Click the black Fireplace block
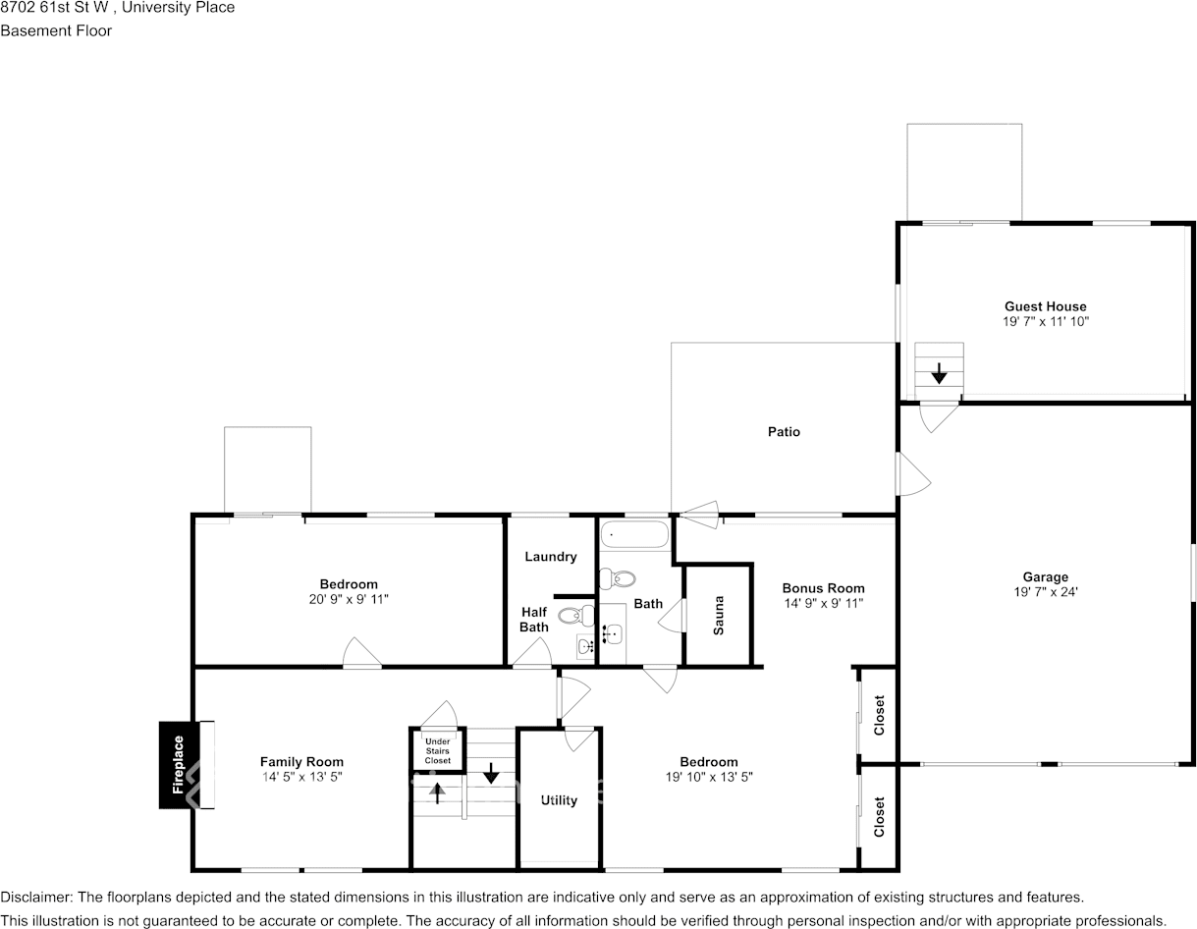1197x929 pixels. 179,764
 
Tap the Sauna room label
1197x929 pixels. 719,615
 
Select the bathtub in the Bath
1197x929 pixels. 634,535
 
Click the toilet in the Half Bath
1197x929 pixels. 572,616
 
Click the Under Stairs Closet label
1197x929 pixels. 438,750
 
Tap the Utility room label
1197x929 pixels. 559,800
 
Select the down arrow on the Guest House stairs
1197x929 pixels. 939,373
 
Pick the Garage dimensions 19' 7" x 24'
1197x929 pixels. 1045,591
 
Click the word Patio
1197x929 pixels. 784,432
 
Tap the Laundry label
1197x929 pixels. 550,557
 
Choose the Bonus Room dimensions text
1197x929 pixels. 823,604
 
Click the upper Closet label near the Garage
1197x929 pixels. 879,715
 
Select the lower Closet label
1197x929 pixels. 879,816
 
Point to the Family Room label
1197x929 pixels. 301,761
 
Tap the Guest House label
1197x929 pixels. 1045,306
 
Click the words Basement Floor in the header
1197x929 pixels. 56,30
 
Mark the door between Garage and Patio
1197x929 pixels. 913,474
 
